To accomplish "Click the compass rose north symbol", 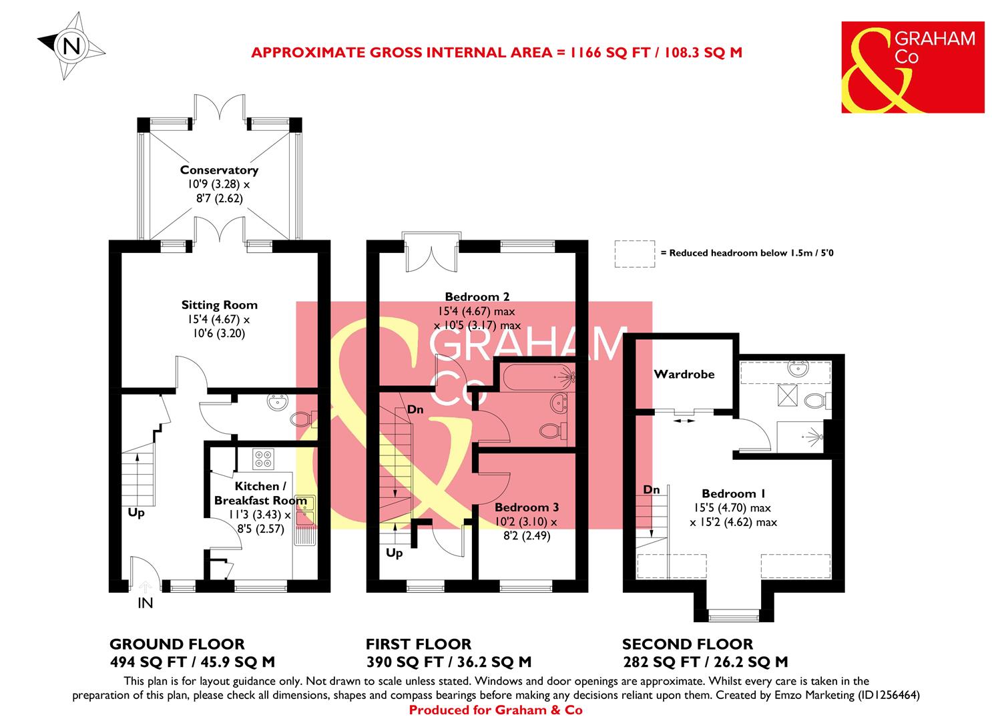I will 71,46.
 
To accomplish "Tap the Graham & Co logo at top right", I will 912,67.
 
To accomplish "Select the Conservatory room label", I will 219,171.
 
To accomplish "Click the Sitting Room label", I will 219,305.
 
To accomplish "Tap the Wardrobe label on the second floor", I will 684,375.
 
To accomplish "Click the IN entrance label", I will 145,604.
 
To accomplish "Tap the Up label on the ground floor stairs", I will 136,513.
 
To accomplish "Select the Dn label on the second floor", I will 651,490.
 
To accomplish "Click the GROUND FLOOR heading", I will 177,644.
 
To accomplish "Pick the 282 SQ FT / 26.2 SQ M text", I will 704,662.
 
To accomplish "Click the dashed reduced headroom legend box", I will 634,254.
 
